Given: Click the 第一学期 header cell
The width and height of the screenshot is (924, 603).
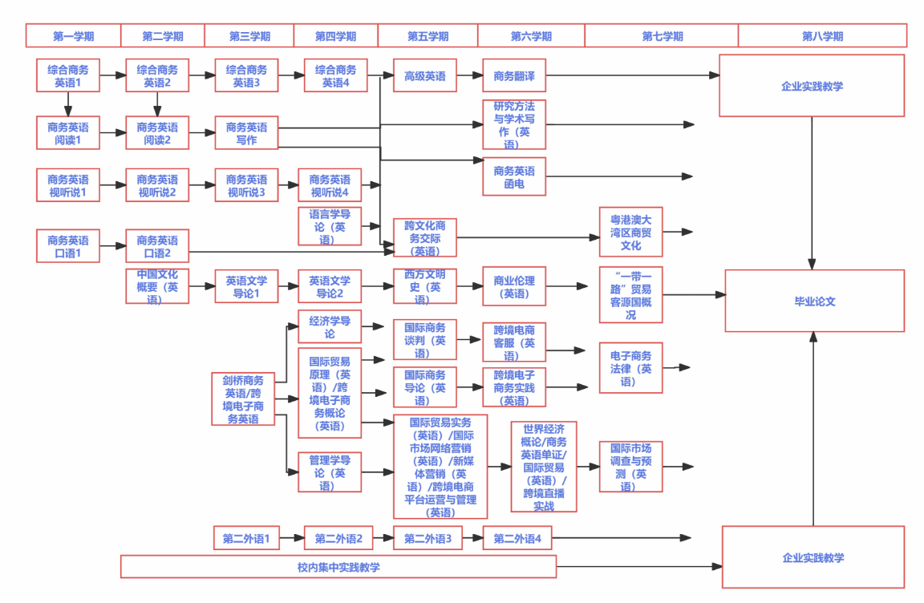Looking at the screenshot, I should tap(73, 36).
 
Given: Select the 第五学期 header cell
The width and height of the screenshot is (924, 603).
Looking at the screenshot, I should tap(428, 36).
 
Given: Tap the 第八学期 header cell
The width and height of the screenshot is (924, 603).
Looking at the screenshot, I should tap(822, 36).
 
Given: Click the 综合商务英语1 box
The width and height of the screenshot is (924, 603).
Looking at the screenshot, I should tap(68, 75).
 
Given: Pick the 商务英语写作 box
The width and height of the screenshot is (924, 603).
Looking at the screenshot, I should tap(246, 133).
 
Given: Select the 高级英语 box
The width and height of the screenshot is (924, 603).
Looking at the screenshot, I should tap(424, 76).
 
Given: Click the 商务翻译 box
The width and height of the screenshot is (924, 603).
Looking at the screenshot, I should tap(514, 76).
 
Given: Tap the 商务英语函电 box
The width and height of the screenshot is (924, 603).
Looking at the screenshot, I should tap(514, 177).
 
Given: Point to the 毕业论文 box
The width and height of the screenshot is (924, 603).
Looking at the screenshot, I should tap(814, 301).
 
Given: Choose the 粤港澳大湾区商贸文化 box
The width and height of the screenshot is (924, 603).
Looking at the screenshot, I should tap(631, 232).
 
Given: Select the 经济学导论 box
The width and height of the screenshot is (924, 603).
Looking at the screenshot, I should tap(330, 326).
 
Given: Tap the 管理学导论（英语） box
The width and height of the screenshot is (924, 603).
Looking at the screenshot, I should tap(330, 472).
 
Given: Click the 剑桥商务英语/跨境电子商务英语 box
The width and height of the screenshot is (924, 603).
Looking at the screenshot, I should tap(243, 399).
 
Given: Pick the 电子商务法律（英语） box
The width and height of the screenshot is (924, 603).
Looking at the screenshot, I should tap(631, 368).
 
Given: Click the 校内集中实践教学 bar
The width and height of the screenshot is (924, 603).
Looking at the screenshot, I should tap(338, 567).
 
